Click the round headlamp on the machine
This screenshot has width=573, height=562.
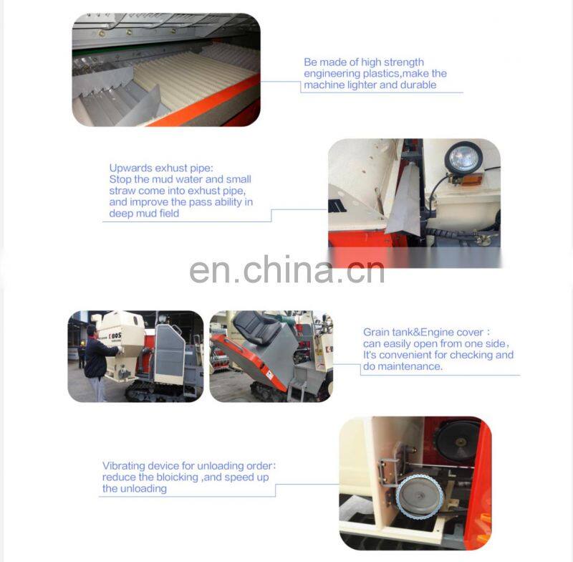click(463, 158)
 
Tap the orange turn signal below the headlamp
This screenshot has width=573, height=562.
click(472, 180)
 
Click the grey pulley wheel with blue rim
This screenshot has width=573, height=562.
click(420, 495)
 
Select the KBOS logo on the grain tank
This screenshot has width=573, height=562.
click(115, 335)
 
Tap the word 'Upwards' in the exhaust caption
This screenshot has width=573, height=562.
click(131, 168)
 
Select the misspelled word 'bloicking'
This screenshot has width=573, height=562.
click(177, 477)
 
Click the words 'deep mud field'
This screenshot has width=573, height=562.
click(144, 214)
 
